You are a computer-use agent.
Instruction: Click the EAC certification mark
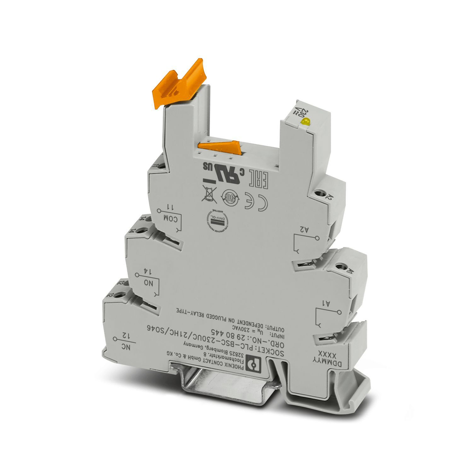coord(259,178)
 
